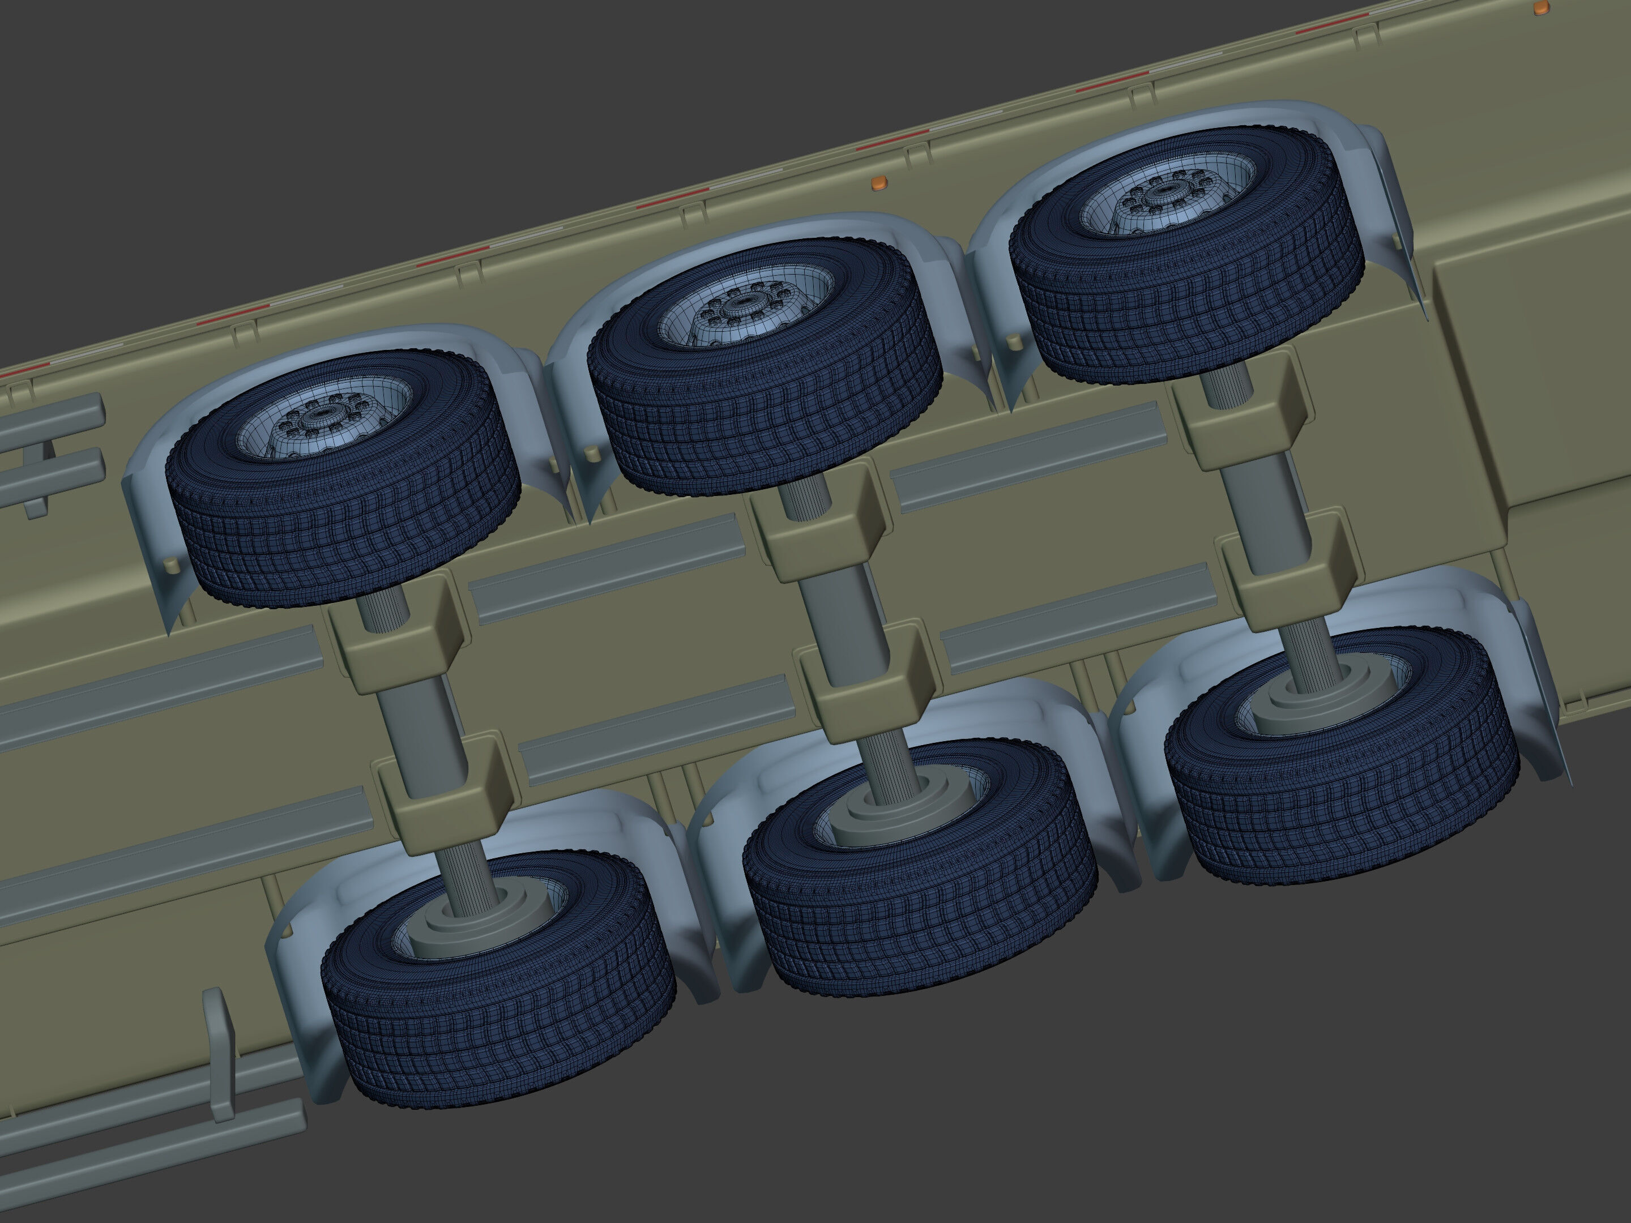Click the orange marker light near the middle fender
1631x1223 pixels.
coord(877,183)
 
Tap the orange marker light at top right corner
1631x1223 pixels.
coord(1541,8)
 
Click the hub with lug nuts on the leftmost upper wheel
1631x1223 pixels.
coord(319,417)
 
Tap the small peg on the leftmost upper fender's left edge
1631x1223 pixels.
coord(173,566)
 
